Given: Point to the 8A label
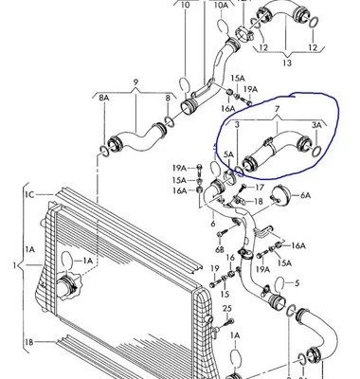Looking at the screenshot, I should coord(103,98).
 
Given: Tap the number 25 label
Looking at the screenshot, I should coord(227,309).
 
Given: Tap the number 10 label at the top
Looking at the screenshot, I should coord(186,6).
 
